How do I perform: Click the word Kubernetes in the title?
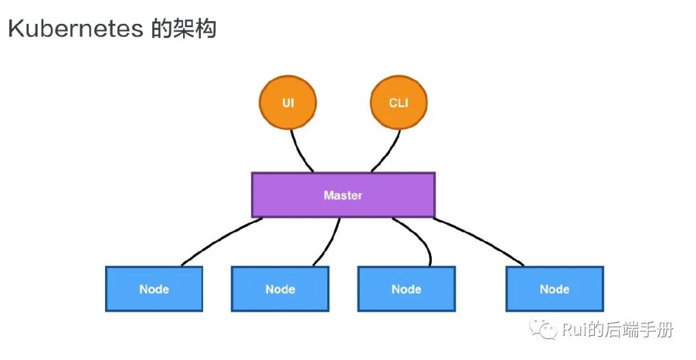click(74, 29)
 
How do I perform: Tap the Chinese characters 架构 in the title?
click(196, 29)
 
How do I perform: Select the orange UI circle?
click(287, 103)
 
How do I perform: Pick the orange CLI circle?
click(398, 103)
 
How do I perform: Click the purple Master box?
click(343, 194)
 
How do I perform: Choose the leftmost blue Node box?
click(154, 289)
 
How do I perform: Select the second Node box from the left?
click(280, 289)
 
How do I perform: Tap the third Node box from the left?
click(406, 289)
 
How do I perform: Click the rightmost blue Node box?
click(554, 289)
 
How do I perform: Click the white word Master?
click(343, 194)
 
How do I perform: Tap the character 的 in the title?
click(162, 29)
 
